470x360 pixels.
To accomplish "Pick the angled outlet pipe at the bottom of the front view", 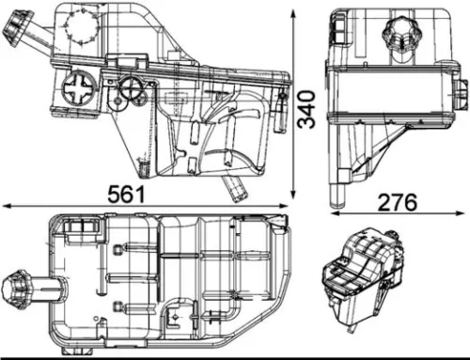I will point(234,185).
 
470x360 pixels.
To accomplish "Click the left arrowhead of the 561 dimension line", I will point(4,206).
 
